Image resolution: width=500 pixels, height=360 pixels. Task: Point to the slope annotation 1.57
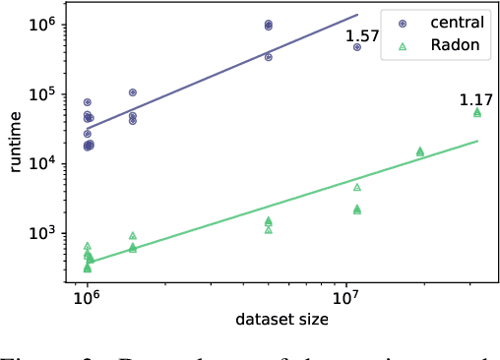coord(360,37)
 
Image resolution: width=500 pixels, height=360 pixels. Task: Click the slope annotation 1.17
coord(475,100)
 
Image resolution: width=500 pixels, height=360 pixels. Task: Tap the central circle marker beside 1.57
coord(357,47)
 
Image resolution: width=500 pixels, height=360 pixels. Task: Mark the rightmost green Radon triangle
coord(477,113)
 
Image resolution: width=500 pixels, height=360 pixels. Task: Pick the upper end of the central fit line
coord(357,15)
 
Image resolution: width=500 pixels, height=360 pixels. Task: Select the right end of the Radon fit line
coord(478,141)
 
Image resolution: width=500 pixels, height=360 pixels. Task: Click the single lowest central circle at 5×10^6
coord(269,57)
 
